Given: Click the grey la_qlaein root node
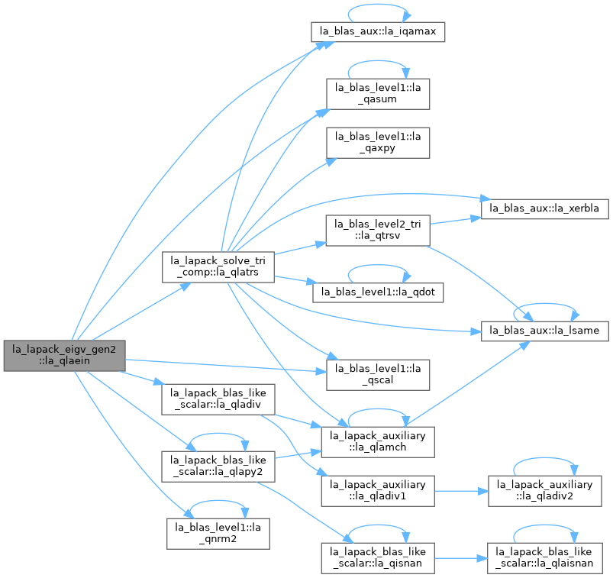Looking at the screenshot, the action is coord(64,356).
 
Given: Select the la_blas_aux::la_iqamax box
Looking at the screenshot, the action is coord(378,31).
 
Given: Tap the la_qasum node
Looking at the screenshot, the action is coord(378,94).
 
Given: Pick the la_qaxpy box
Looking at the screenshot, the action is coord(378,143).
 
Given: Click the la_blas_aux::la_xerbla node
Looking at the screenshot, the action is coord(544,209).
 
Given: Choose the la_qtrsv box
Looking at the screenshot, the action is coord(378,231).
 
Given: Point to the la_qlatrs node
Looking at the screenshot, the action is coord(218,267).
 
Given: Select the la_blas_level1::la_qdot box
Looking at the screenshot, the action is coord(378,292).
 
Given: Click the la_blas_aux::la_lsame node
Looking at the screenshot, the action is coord(544,331).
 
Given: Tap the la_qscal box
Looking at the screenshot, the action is coord(378,375).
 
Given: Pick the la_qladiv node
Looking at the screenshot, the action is coord(218,399).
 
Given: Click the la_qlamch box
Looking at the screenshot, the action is coord(378,442).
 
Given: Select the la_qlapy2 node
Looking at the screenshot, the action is coord(218,467).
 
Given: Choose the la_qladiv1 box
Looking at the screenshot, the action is coord(378,491).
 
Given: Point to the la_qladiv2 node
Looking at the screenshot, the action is coord(544,491).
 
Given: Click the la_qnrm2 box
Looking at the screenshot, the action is coord(218,534).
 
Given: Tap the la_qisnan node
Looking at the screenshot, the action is coord(378,558).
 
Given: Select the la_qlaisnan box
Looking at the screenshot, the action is coord(544,558).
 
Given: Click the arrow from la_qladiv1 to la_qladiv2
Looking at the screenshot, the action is coord(461,491).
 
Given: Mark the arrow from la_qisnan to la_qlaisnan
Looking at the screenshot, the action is coord(461,558).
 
